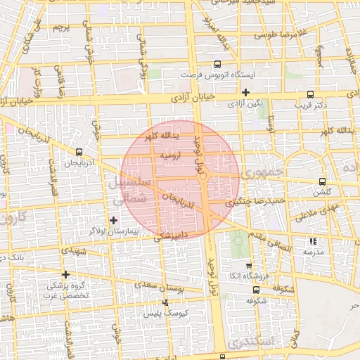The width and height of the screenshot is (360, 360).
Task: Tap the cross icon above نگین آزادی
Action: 245,92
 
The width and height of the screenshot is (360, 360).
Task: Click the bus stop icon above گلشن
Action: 322,181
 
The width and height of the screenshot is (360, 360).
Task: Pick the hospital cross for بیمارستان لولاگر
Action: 114,220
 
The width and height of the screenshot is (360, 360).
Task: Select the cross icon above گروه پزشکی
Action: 66,274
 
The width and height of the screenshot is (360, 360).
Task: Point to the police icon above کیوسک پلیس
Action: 165,302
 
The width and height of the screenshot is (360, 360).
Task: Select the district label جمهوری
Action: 261,172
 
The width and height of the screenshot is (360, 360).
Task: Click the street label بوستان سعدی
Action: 162,286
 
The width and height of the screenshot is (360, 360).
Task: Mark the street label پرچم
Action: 61,29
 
